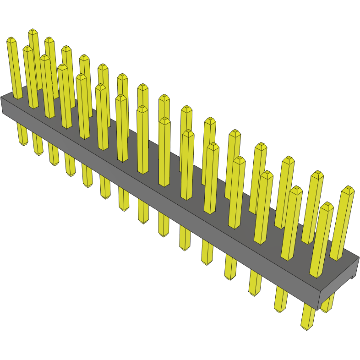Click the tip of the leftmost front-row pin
click(11, 40)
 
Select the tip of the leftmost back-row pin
click(33, 32)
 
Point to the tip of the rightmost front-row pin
click(327, 206)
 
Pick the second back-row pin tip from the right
click(317, 175)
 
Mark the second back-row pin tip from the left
click(49, 40)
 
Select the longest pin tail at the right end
click(306, 325)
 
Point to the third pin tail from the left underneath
click(54, 161)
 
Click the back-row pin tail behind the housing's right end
click(328, 308)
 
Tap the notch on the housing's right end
click(353, 275)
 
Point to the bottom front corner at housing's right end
click(317, 309)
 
